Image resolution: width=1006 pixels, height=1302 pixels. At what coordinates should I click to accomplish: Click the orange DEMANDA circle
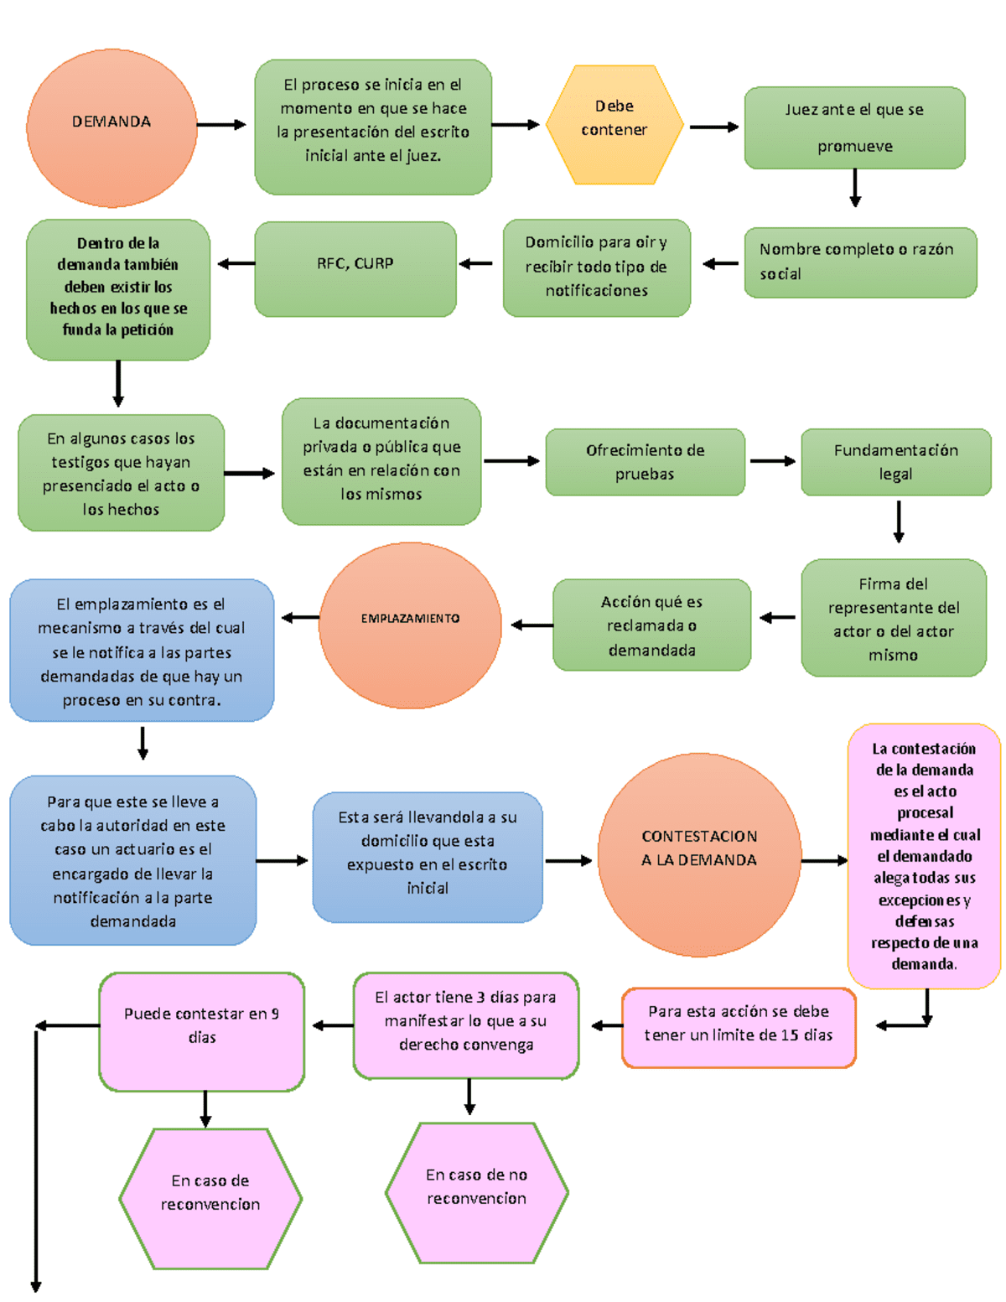[112, 127]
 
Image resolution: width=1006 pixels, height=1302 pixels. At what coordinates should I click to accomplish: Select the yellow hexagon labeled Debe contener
[614, 125]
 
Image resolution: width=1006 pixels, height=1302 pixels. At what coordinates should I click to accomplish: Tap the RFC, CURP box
[355, 269]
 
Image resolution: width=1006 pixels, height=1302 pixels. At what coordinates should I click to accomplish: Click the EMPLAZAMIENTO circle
[411, 625]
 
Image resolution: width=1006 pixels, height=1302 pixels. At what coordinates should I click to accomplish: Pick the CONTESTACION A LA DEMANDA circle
[699, 854]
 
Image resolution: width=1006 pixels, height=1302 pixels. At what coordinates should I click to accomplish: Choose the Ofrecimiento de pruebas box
[645, 462]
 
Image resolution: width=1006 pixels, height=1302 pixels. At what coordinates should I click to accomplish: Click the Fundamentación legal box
[895, 462]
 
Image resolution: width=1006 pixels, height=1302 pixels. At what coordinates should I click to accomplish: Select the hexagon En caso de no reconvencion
[476, 1193]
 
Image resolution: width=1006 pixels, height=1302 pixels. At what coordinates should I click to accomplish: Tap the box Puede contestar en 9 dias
[202, 1031]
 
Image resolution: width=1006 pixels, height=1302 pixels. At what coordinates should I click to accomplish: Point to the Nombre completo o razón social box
[860, 262]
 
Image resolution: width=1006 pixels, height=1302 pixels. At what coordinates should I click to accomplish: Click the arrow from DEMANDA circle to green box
[221, 125]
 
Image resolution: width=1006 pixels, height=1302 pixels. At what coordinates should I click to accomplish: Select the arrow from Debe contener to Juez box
[714, 127]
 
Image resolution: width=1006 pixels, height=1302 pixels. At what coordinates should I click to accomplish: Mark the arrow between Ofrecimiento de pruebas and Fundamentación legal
[773, 461]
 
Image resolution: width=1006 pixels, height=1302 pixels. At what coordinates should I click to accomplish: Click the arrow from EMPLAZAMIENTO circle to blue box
[300, 617]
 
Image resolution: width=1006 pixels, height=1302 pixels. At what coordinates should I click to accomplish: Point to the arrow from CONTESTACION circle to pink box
[824, 861]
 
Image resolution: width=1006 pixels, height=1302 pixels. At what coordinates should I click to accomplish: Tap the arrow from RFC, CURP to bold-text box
[236, 263]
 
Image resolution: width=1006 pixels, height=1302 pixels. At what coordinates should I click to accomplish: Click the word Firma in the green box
[875, 584]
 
